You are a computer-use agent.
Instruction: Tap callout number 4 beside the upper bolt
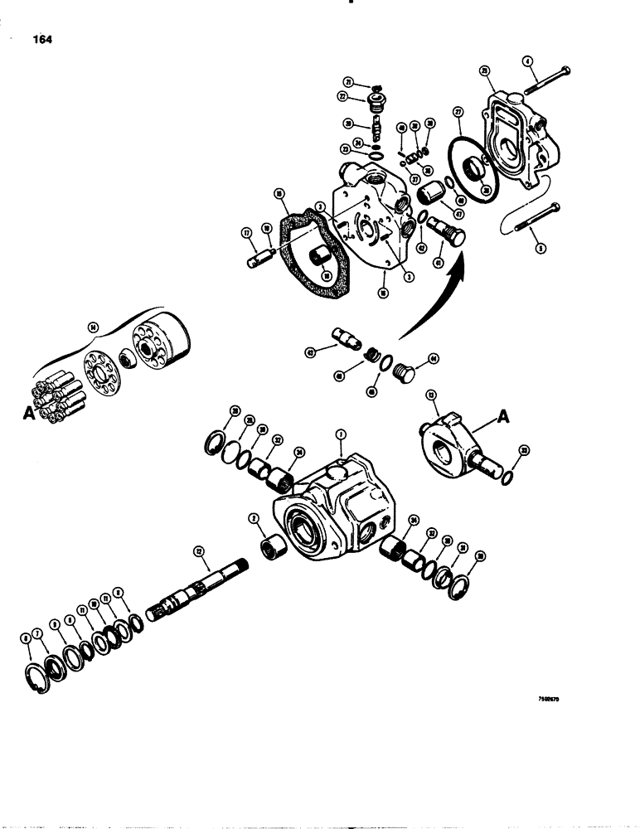tap(527, 60)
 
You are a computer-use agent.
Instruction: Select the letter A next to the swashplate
tap(504, 419)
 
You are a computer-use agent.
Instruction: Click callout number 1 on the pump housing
tap(339, 434)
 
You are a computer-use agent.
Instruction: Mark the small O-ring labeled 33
tap(507, 480)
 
